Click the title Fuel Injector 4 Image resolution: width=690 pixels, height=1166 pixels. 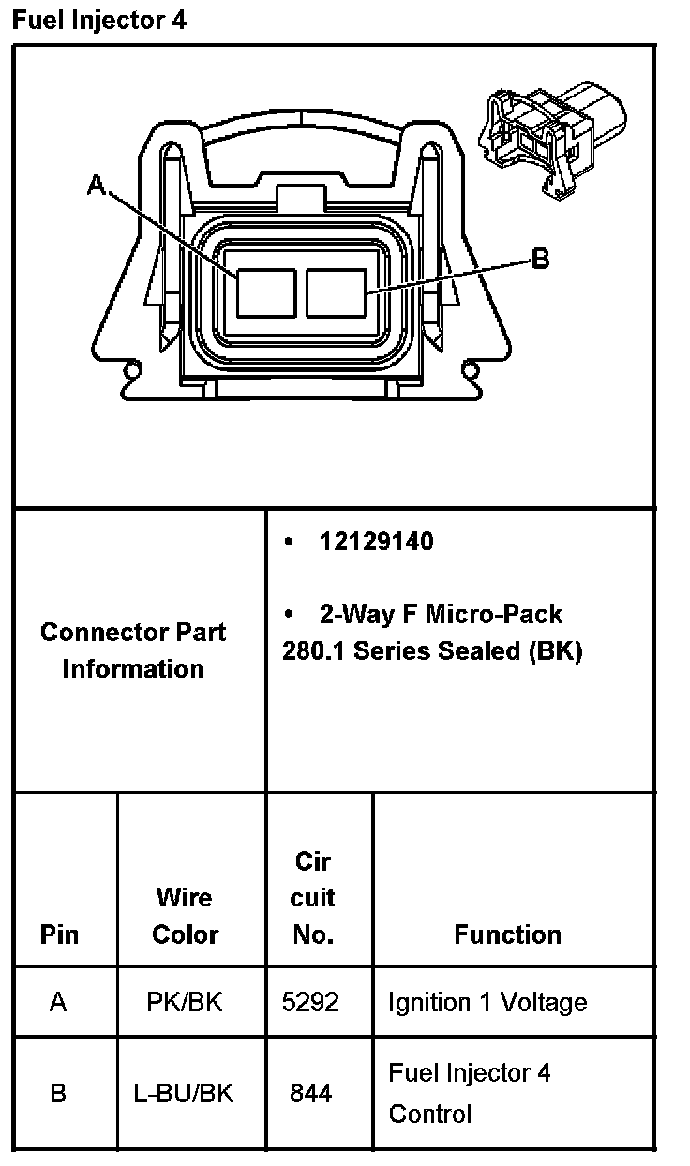98,21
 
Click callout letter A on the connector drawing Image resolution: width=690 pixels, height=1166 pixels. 96,186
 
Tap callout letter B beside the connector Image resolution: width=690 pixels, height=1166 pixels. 540,259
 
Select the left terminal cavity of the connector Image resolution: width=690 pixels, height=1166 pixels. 266,291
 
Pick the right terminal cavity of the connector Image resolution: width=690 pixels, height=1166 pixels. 336,291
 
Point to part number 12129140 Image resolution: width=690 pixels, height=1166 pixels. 376,542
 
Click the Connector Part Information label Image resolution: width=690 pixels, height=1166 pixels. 133,650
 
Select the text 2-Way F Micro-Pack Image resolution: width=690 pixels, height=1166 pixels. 441,614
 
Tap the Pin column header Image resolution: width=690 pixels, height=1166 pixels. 59,934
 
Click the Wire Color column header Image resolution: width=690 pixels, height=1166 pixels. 185,916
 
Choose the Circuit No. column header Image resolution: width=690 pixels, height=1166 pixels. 313,897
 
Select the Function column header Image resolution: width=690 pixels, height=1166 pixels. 507,934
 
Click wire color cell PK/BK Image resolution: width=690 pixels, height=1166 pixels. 185,1002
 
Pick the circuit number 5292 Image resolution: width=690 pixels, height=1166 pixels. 310,1002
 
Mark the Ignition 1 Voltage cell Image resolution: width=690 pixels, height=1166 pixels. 487,1002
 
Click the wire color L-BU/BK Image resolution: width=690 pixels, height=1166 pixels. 184,1092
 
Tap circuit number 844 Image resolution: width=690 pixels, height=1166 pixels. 310,1092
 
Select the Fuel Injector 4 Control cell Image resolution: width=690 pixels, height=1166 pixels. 470,1093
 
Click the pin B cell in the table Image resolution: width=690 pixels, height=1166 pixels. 58,1092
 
